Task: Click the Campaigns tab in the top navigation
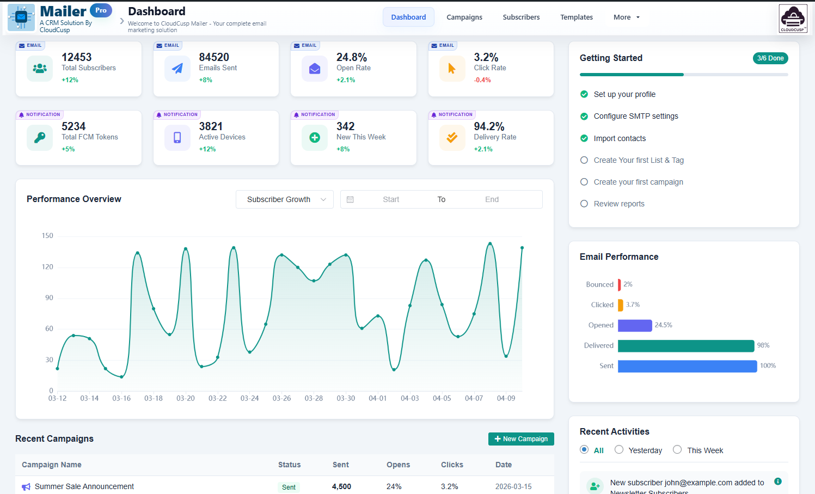click(x=464, y=17)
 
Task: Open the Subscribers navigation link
click(x=521, y=17)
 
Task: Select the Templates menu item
click(x=576, y=17)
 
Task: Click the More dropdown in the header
click(x=626, y=17)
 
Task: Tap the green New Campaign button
click(x=521, y=439)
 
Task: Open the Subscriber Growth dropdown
click(x=284, y=199)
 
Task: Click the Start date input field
click(x=391, y=199)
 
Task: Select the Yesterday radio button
click(x=619, y=450)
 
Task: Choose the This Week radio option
click(x=677, y=450)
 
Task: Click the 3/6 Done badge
click(x=770, y=58)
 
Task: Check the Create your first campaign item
click(x=584, y=182)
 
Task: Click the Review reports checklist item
click(x=618, y=204)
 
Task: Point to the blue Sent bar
click(x=687, y=366)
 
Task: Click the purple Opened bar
click(x=635, y=325)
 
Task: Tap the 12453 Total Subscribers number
click(x=77, y=57)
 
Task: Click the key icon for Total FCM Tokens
click(x=40, y=138)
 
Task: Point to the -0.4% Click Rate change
click(x=482, y=80)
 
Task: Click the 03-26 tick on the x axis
click(x=281, y=398)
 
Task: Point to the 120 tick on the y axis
click(x=47, y=267)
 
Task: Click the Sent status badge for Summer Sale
click(x=289, y=487)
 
